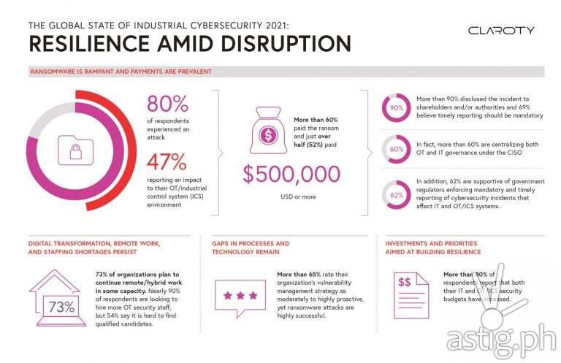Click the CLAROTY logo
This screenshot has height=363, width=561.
point(501,31)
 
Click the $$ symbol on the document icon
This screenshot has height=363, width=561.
point(404,281)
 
